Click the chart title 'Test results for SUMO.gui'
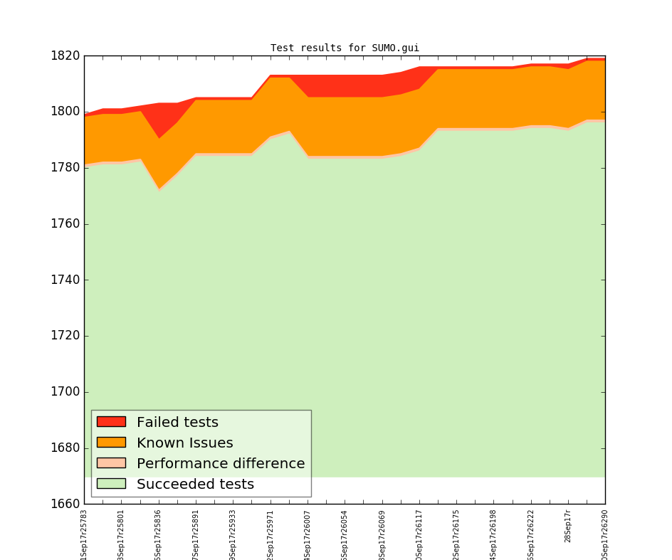(345, 48)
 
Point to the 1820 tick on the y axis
(65, 56)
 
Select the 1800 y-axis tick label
(65, 112)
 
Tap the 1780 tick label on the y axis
(65, 168)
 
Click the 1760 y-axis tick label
(65, 224)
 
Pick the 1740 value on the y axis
(65, 280)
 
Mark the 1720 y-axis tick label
(65, 336)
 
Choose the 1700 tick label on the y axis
(65, 392)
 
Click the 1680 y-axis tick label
(65, 448)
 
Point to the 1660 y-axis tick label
(65, 504)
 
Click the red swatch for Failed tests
(111, 422)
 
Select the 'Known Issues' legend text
(184, 443)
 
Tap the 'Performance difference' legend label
(221, 464)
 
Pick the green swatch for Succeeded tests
(111, 484)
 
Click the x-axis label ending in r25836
(159, 534)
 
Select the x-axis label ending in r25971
(271, 534)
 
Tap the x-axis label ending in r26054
(345, 534)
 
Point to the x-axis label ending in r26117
(419, 534)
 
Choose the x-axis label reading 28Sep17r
(568, 527)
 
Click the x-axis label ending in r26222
(531, 534)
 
